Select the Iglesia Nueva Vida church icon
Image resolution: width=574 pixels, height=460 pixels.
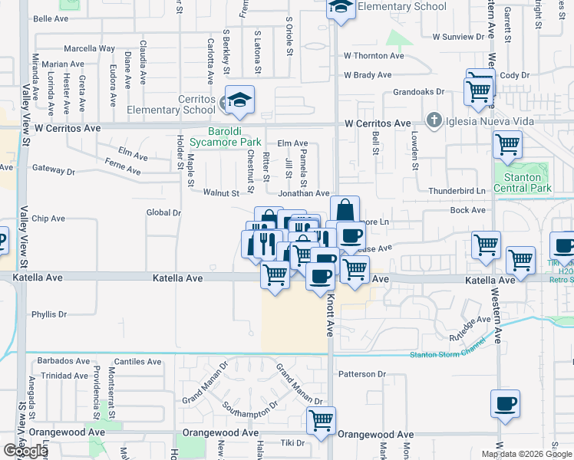[434, 120]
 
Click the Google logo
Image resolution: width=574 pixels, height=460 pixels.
[25, 451]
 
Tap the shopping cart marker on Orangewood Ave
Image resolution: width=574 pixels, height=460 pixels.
[321, 420]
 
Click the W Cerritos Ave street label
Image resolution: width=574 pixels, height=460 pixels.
[378, 123]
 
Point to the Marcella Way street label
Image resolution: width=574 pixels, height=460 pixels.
[89, 48]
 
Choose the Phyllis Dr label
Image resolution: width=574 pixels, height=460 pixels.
[50, 314]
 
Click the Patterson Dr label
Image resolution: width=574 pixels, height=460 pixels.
[361, 374]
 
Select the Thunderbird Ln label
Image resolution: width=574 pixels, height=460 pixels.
[458, 190]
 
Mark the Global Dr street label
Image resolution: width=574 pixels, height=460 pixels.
[163, 212]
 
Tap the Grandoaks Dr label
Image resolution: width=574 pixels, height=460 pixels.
[419, 91]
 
